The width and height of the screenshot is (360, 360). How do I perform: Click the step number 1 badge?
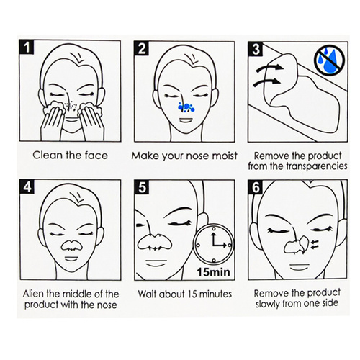(x=27, y=47)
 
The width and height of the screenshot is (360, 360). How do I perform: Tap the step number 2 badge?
(x=141, y=48)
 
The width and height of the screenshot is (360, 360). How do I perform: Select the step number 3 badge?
(x=256, y=49)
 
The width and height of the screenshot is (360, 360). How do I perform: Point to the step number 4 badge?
(x=27, y=186)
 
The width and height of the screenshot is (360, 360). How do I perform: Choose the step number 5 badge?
(x=142, y=187)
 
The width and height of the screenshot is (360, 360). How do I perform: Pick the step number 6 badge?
(x=256, y=187)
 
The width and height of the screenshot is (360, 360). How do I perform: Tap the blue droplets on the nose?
(x=186, y=107)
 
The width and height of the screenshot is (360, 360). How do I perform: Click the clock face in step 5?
(x=213, y=244)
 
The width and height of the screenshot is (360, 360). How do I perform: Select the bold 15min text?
(x=213, y=272)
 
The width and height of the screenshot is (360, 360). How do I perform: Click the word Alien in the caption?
(x=34, y=294)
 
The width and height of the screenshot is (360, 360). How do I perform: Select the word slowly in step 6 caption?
(x=268, y=303)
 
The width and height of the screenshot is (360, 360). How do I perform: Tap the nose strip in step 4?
(x=71, y=246)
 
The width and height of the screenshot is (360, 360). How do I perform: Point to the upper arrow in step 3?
(x=270, y=68)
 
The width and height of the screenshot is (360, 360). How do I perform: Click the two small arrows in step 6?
(x=315, y=243)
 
